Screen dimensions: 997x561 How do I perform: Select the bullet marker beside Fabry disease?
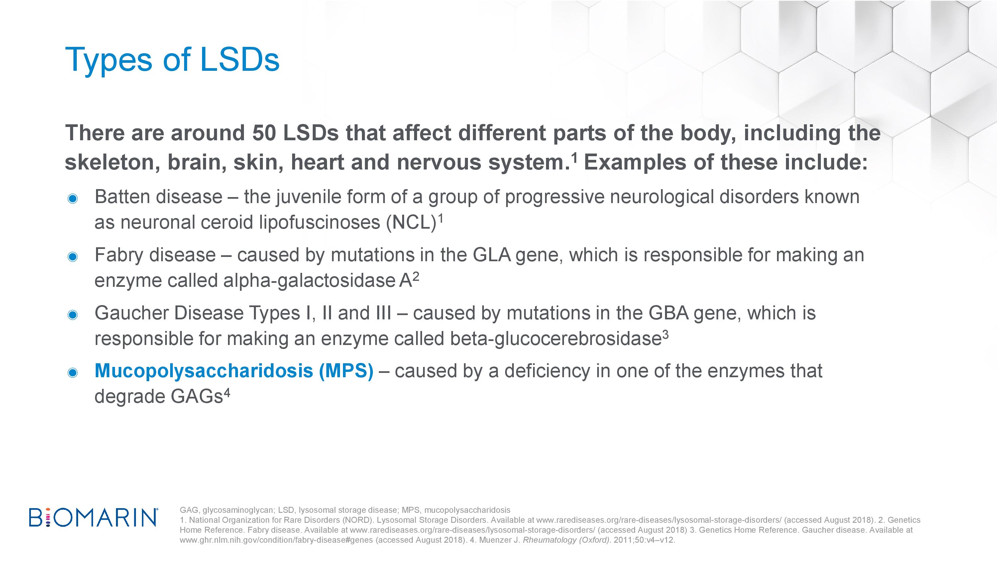click(x=72, y=257)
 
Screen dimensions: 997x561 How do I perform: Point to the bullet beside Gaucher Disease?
click(x=72, y=315)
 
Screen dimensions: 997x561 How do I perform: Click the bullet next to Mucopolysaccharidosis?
click(x=72, y=373)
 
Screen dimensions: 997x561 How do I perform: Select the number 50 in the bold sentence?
click(x=264, y=133)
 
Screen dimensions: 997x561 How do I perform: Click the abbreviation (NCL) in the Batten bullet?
click(x=411, y=223)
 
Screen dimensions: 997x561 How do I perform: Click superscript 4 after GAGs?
click(x=227, y=393)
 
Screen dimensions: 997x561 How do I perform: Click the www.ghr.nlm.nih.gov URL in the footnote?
click(x=277, y=540)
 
